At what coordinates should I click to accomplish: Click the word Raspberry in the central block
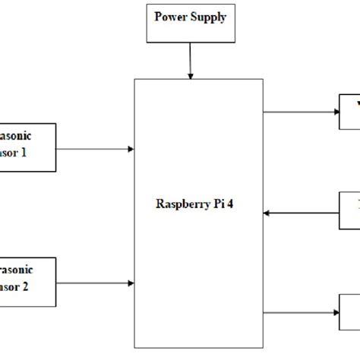(182, 204)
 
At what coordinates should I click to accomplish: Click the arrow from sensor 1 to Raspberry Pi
(95, 149)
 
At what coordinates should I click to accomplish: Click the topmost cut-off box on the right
(349, 111)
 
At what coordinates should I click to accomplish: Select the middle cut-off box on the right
(349, 209)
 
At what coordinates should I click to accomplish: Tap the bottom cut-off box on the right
(349, 311)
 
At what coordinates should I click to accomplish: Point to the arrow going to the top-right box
(301, 111)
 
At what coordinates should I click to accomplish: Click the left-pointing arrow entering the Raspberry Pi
(301, 213)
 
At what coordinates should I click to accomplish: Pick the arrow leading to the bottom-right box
(301, 311)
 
